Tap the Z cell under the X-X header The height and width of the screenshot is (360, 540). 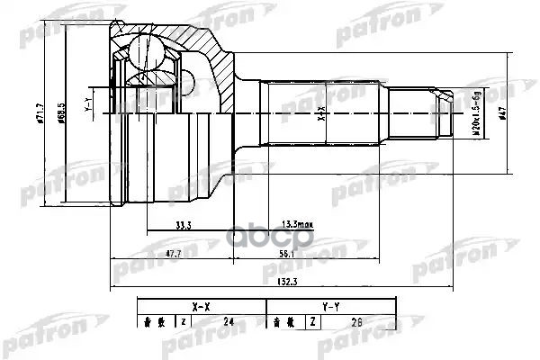pos(183,319)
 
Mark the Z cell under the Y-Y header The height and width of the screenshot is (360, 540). pos(312,319)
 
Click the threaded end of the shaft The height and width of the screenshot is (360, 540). pos(436,114)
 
